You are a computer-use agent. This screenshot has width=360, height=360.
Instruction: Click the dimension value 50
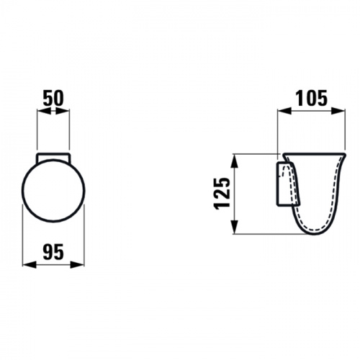pyautogui.click(x=53, y=99)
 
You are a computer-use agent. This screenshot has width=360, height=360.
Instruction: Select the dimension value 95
pyautogui.click(x=53, y=252)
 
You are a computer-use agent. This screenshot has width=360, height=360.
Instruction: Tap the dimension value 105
pyautogui.click(x=311, y=98)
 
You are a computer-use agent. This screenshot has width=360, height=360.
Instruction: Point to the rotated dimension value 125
pyautogui.click(x=222, y=194)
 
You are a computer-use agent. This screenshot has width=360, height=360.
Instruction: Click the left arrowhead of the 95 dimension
pyautogui.click(x=29, y=265)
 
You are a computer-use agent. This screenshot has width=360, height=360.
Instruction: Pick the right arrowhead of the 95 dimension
pyautogui.click(x=78, y=265)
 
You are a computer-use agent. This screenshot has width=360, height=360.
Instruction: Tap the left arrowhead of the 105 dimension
pyautogui.click(x=284, y=111)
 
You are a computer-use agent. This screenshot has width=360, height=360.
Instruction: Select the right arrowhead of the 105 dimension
pyautogui.click(x=338, y=111)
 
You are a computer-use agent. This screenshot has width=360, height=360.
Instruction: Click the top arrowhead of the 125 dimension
pyautogui.click(x=235, y=161)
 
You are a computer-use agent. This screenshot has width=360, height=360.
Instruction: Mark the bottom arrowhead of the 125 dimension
pyautogui.click(x=235, y=227)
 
